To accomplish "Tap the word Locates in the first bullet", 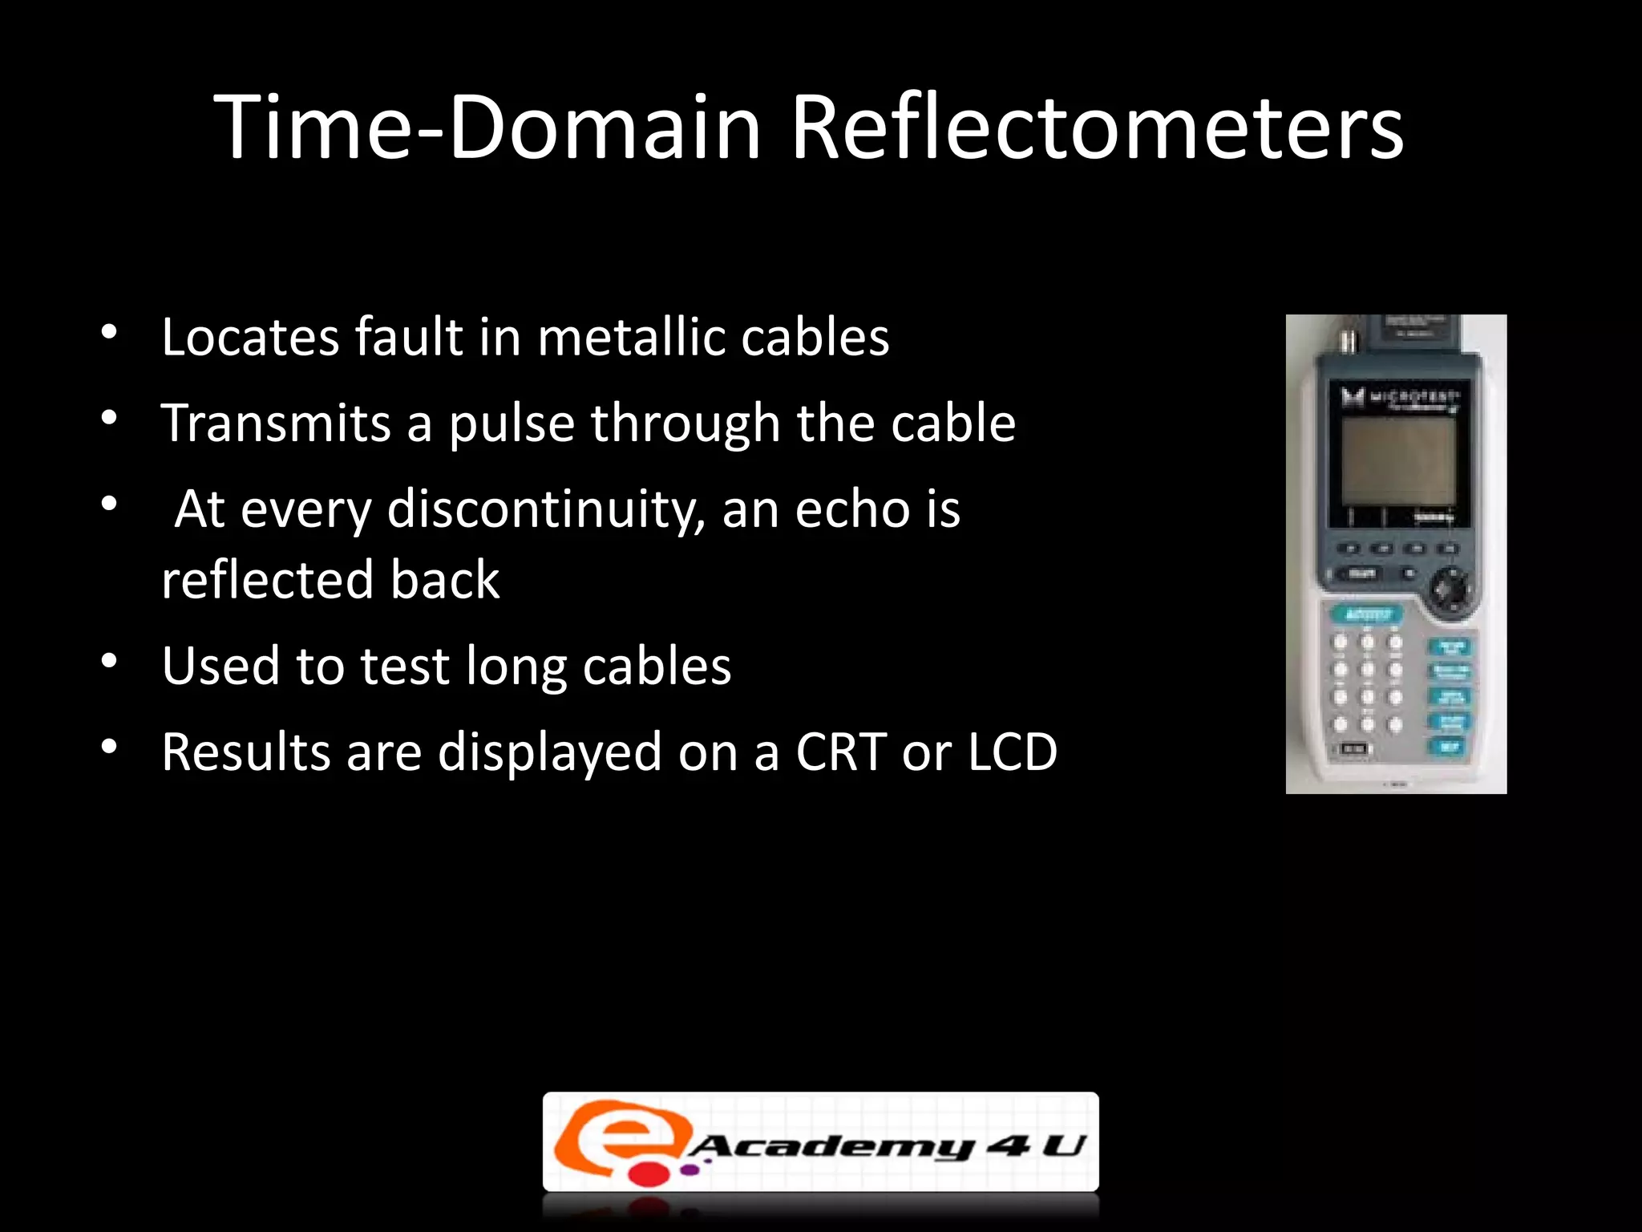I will tap(250, 337).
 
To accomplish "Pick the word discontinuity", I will tap(545, 510).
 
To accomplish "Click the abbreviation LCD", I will tap(1012, 752).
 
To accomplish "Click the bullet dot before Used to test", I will tap(110, 662).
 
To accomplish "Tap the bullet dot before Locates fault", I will tap(110, 332).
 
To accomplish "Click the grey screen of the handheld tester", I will tap(1398, 462).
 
